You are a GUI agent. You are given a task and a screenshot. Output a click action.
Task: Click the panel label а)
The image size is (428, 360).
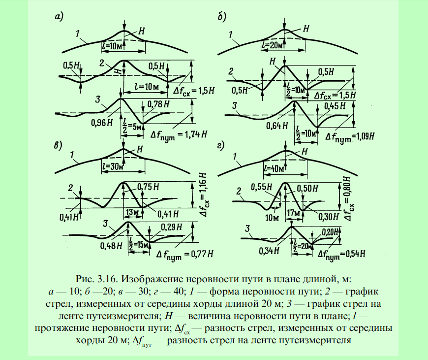59,17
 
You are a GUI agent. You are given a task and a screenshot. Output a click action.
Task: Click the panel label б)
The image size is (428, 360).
222,17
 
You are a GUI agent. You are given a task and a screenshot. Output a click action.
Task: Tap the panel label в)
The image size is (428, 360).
58,145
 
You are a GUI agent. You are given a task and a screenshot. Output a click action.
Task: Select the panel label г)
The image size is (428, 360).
220,145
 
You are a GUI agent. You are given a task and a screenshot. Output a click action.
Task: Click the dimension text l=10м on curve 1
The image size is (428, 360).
112,46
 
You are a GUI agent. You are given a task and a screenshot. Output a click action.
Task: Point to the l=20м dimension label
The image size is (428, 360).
272,44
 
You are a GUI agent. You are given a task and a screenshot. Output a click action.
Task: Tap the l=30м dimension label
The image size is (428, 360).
112,166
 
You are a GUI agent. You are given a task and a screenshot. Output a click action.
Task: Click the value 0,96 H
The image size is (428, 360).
101,123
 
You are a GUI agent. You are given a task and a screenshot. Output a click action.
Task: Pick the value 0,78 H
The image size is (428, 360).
158,104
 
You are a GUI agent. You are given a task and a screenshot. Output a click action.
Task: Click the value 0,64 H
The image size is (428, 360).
277,126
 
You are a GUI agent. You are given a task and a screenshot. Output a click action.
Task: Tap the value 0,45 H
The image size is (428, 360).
335,106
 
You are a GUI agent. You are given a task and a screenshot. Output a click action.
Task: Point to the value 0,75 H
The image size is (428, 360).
148,187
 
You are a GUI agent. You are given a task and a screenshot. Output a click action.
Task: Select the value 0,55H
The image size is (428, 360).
262,187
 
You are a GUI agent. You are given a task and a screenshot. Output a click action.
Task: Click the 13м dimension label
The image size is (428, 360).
132,212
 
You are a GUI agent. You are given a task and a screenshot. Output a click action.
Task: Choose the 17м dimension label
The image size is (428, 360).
293,213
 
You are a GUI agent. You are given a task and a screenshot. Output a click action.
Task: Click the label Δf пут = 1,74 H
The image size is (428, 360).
179,135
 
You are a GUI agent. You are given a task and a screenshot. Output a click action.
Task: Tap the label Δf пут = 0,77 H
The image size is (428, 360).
184,255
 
